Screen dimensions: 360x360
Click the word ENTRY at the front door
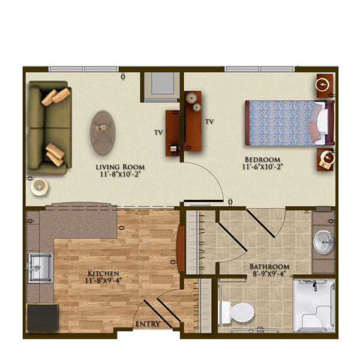coord(148,324)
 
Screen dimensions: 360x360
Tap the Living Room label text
coord(120,167)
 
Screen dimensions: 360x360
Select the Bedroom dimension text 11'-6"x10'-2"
coord(262,166)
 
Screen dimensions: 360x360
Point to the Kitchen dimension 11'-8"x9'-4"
coord(103,280)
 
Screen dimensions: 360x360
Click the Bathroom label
coord(269,266)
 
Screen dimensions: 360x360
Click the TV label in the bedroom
coord(209,121)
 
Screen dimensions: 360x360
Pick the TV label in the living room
coord(158,132)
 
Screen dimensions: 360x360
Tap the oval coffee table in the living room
coord(103,133)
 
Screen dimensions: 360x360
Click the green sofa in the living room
coord(50,127)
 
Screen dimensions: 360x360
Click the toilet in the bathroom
coord(238,313)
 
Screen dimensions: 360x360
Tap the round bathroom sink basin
coord(324,242)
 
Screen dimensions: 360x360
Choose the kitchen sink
coord(40,268)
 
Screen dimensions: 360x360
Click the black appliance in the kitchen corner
coord(43,317)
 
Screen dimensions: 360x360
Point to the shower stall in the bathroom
coord(314,305)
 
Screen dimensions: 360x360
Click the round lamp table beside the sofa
coord(39,187)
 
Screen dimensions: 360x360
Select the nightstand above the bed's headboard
coord(325,85)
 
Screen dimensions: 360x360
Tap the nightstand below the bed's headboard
coord(325,160)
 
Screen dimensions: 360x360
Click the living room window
coord(83,69)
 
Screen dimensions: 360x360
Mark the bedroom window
coord(260,69)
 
